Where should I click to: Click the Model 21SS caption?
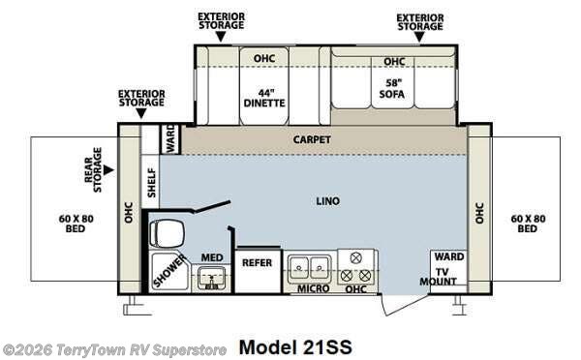click(x=295, y=346)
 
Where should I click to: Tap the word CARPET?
click(x=312, y=139)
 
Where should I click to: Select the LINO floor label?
click(x=327, y=201)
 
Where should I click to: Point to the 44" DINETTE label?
click(x=256, y=99)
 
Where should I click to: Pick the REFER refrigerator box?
click(x=257, y=262)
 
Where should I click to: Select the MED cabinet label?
click(x=211, y=257)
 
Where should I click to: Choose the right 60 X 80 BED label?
click(x=528, y=223)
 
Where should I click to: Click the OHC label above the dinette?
click(x=264, y=59)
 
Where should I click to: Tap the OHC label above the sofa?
click(x=393, y=62)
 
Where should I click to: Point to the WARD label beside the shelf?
click(x=169, y=138)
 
